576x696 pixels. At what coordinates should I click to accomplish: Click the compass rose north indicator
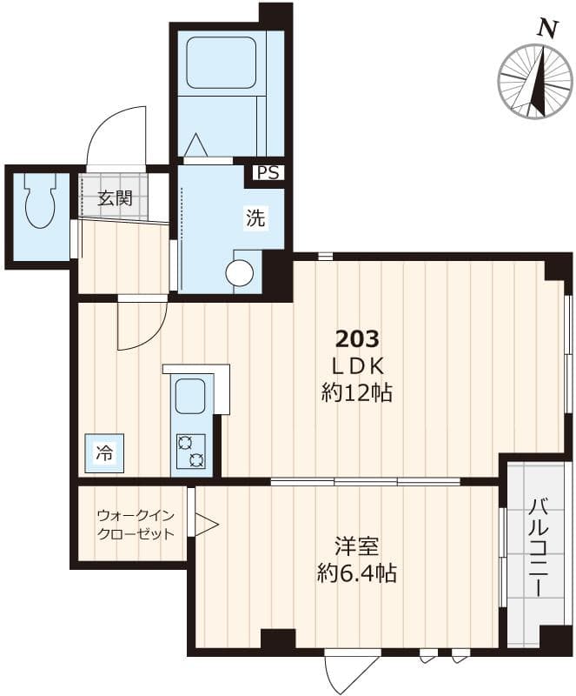(x=535, y=80)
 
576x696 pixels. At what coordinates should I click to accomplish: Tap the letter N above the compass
(x=546, y=28)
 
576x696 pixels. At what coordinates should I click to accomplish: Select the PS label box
(x=268, y=173)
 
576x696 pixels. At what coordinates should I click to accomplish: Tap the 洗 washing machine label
(x=255, y=218)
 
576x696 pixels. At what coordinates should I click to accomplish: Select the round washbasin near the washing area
(x=240, y=273)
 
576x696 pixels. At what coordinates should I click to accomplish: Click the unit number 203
(x=357, y=338)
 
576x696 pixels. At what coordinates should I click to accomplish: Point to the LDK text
(x=356, y=365)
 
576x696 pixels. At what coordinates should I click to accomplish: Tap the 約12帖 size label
(x=356, y=393)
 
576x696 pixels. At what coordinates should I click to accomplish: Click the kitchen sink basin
(x=191, y=398)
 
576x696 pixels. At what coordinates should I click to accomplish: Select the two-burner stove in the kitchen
(x=191, y=451)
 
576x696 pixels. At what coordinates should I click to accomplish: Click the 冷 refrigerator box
(x=104, y=452)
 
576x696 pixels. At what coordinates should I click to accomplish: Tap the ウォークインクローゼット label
(x=130, y=525)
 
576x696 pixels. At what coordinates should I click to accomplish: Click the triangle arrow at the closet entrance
(x=205, y=525)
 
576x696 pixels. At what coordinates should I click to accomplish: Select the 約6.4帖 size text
(x=356, y=574)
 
